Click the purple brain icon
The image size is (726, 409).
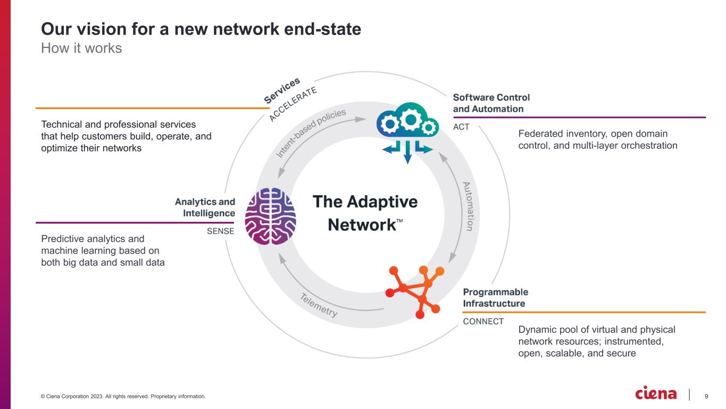coord(270,216)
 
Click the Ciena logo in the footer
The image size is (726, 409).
coord(656,394)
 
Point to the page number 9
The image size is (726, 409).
coord(706,396)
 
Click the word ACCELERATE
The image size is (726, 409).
coord(293,104)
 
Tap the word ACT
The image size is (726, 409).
coord(461,127)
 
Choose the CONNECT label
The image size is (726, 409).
coord(483,321)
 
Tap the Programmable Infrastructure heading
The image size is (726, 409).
coord(495,298)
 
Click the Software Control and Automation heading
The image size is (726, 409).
coord(491,103)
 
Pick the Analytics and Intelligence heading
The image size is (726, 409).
coord(205,207)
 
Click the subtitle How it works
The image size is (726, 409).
coord(81,48)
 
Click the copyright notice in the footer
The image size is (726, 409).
coord(122,396)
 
